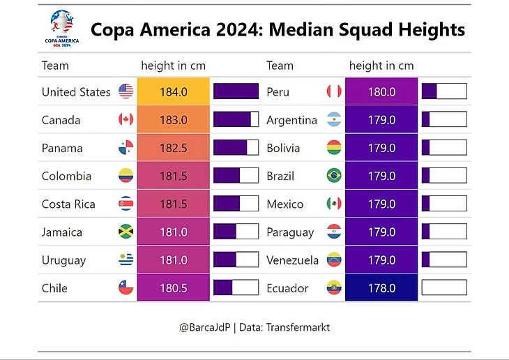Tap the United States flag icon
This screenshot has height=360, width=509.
coord(126,91)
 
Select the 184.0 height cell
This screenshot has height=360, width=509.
coord(174,91)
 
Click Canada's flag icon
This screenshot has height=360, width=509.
coord(126,119)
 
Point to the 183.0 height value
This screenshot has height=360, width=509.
coord(174,120)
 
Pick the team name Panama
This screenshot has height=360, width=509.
coord(62,148)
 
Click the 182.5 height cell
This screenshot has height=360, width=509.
coord(174,148)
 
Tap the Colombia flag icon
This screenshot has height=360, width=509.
coord(126,176)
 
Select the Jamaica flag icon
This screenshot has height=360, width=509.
coord(126,232)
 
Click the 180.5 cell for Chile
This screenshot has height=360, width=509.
coord(174,288)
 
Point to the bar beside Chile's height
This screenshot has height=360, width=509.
coord(236,287)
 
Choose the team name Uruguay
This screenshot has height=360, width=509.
coord(63,260)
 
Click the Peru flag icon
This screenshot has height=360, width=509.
coord(334,91)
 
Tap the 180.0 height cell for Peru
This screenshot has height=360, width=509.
coord(381,91)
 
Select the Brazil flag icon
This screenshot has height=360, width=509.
coord(334,176)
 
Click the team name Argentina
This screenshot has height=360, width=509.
coord(291,120)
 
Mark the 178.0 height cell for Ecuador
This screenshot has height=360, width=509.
coord(381,288)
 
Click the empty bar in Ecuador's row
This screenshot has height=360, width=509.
coord(443,287)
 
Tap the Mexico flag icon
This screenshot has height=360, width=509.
coord(334,204)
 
